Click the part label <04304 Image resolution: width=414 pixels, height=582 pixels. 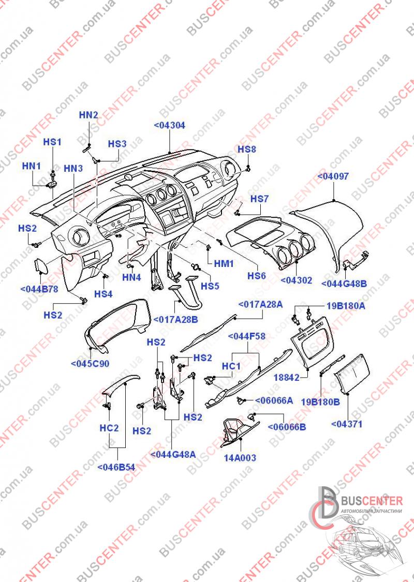(x=169, y=126)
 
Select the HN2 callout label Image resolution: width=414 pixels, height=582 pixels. (x=88, y=115)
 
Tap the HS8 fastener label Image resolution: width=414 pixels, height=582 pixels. (x=247, y=149)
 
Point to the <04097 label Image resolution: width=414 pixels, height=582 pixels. (x=333, y=176)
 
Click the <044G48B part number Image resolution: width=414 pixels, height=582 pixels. (x=344, y=284)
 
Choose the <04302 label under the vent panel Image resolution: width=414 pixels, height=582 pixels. (x=297, y=280)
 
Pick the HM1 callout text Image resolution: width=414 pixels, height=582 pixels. (x=224, y=263)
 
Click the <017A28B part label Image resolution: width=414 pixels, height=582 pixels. (x=175, y=319)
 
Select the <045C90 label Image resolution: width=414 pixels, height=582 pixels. (x=90, y=364)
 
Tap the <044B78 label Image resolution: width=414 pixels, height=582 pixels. (x=39, y=289)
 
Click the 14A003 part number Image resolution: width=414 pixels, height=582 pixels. (x=240, y=458)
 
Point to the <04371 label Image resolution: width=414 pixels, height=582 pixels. (x=346, y=424)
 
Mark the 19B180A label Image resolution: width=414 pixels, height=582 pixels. (x=346, y=307)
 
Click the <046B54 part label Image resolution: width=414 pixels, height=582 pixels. (x=116, y=468)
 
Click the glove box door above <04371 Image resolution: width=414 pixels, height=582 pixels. (x=352, y=374)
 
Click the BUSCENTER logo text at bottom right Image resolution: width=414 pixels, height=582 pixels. (x=372, y=501)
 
